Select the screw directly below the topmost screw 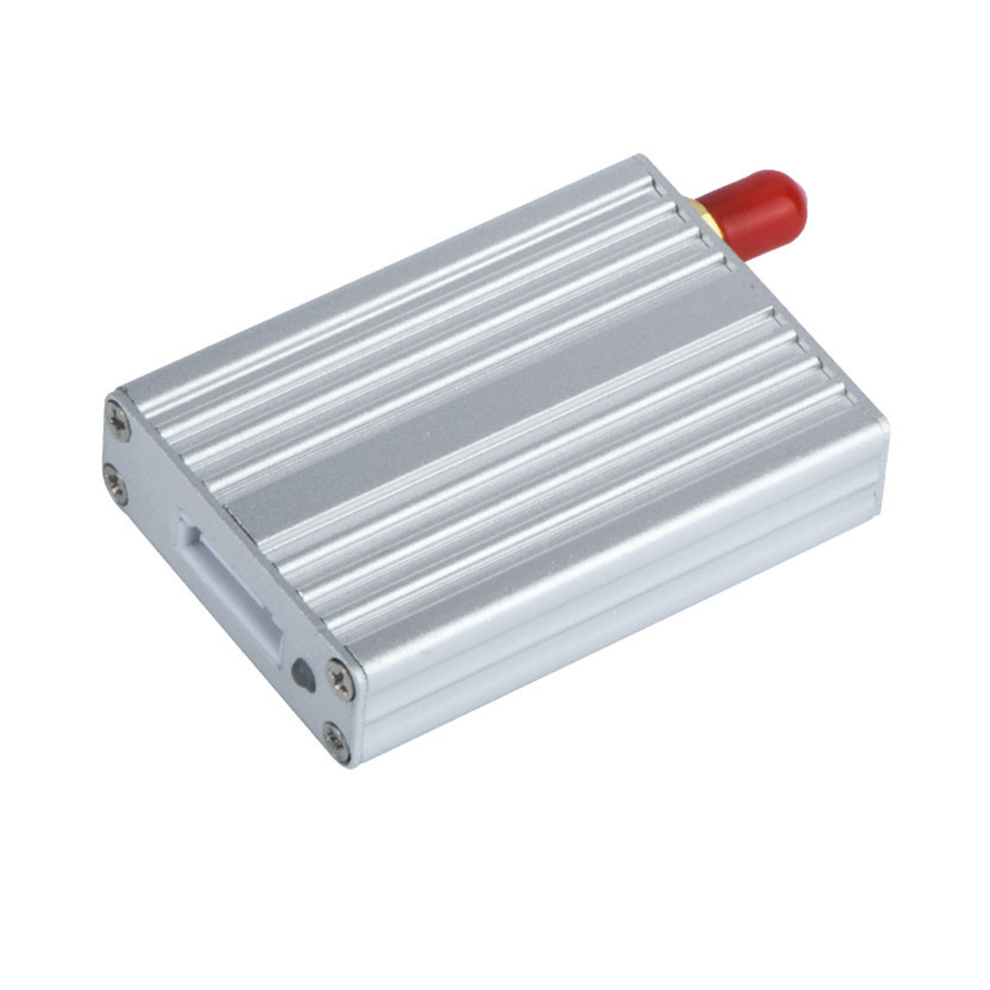pos(115,486)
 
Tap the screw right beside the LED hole pos(341,680)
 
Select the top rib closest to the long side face pos(594,525)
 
